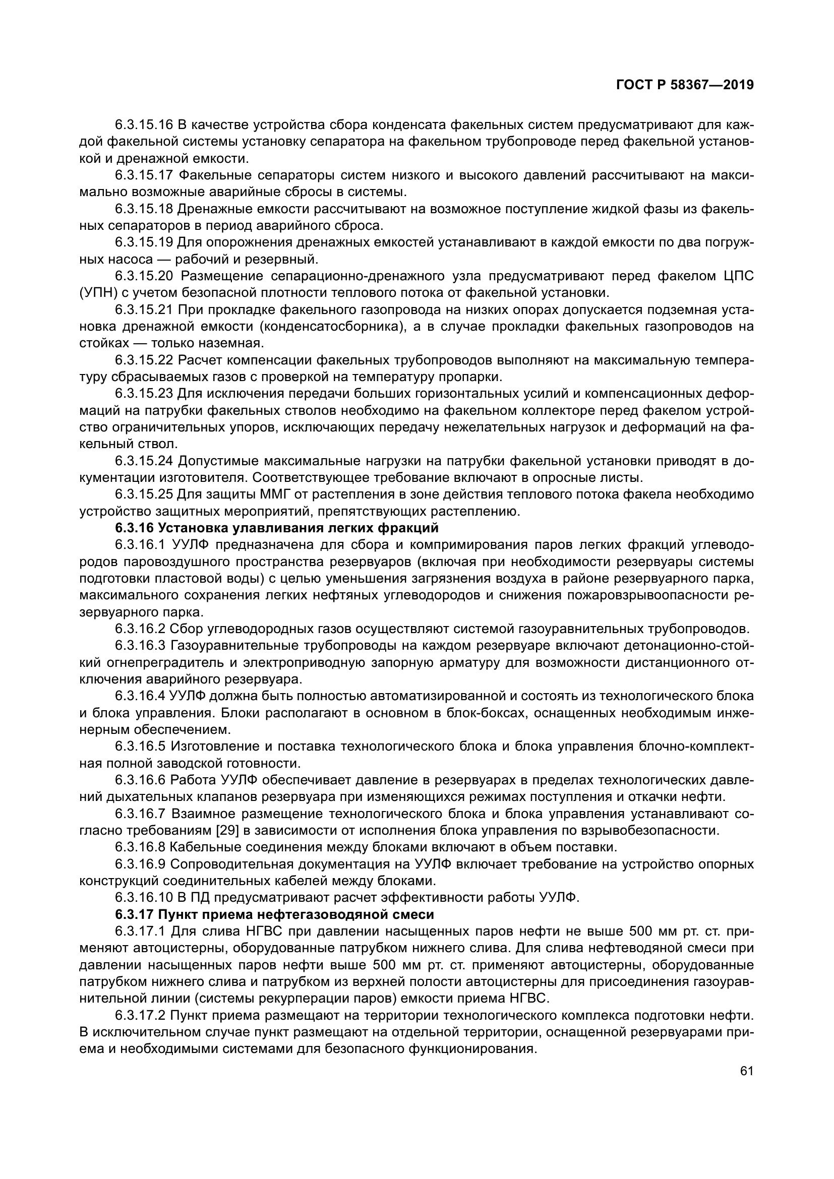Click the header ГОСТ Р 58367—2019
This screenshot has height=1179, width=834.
tap(685, 85)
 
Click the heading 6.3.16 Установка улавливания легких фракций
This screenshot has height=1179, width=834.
tap(277, 528)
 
